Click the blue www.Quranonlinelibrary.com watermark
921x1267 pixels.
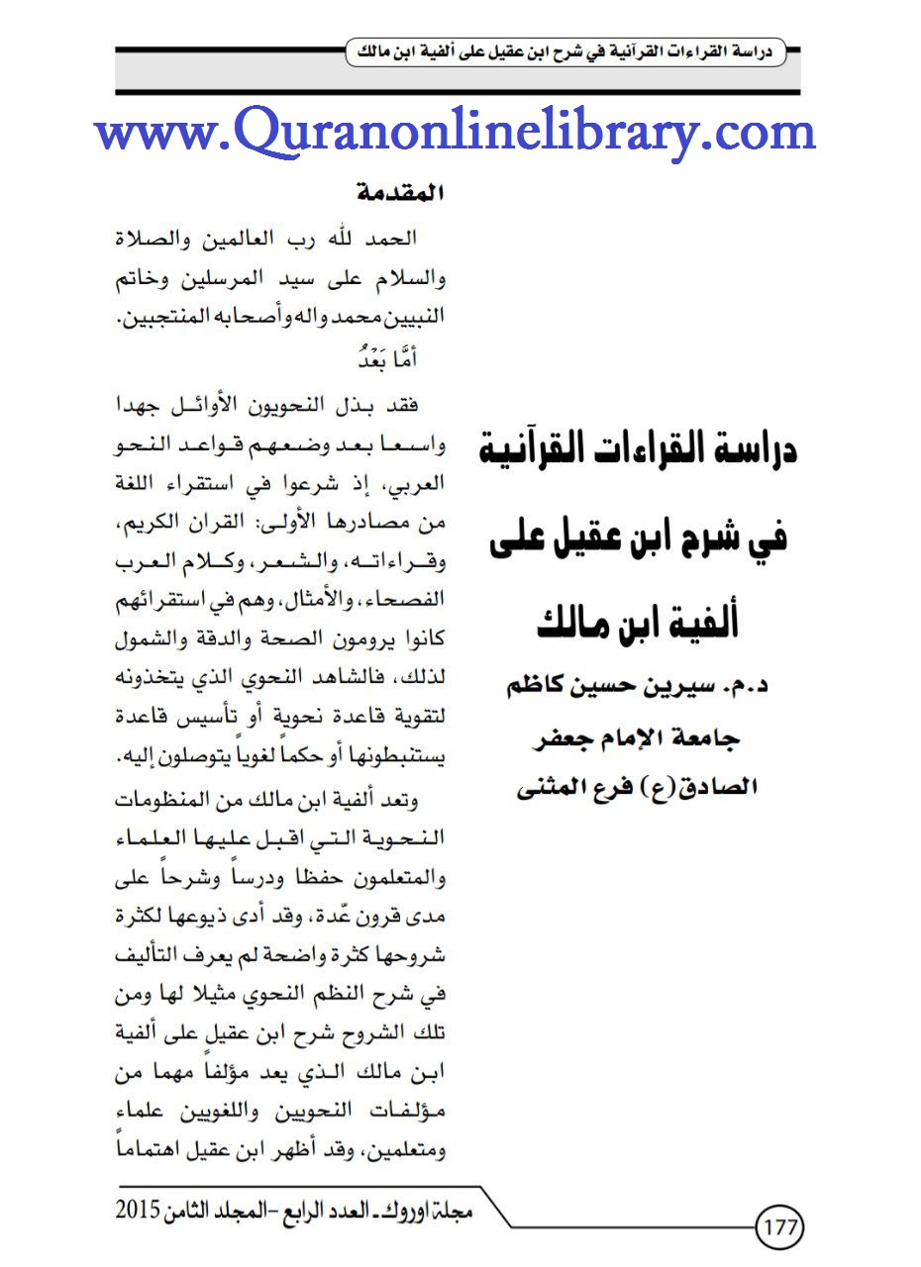(x=457, y=132)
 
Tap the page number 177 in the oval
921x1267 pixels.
(x=780, y=1228)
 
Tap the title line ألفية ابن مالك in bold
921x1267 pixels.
(x=642, y=623)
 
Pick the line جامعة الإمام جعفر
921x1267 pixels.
(x=642, y=740)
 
